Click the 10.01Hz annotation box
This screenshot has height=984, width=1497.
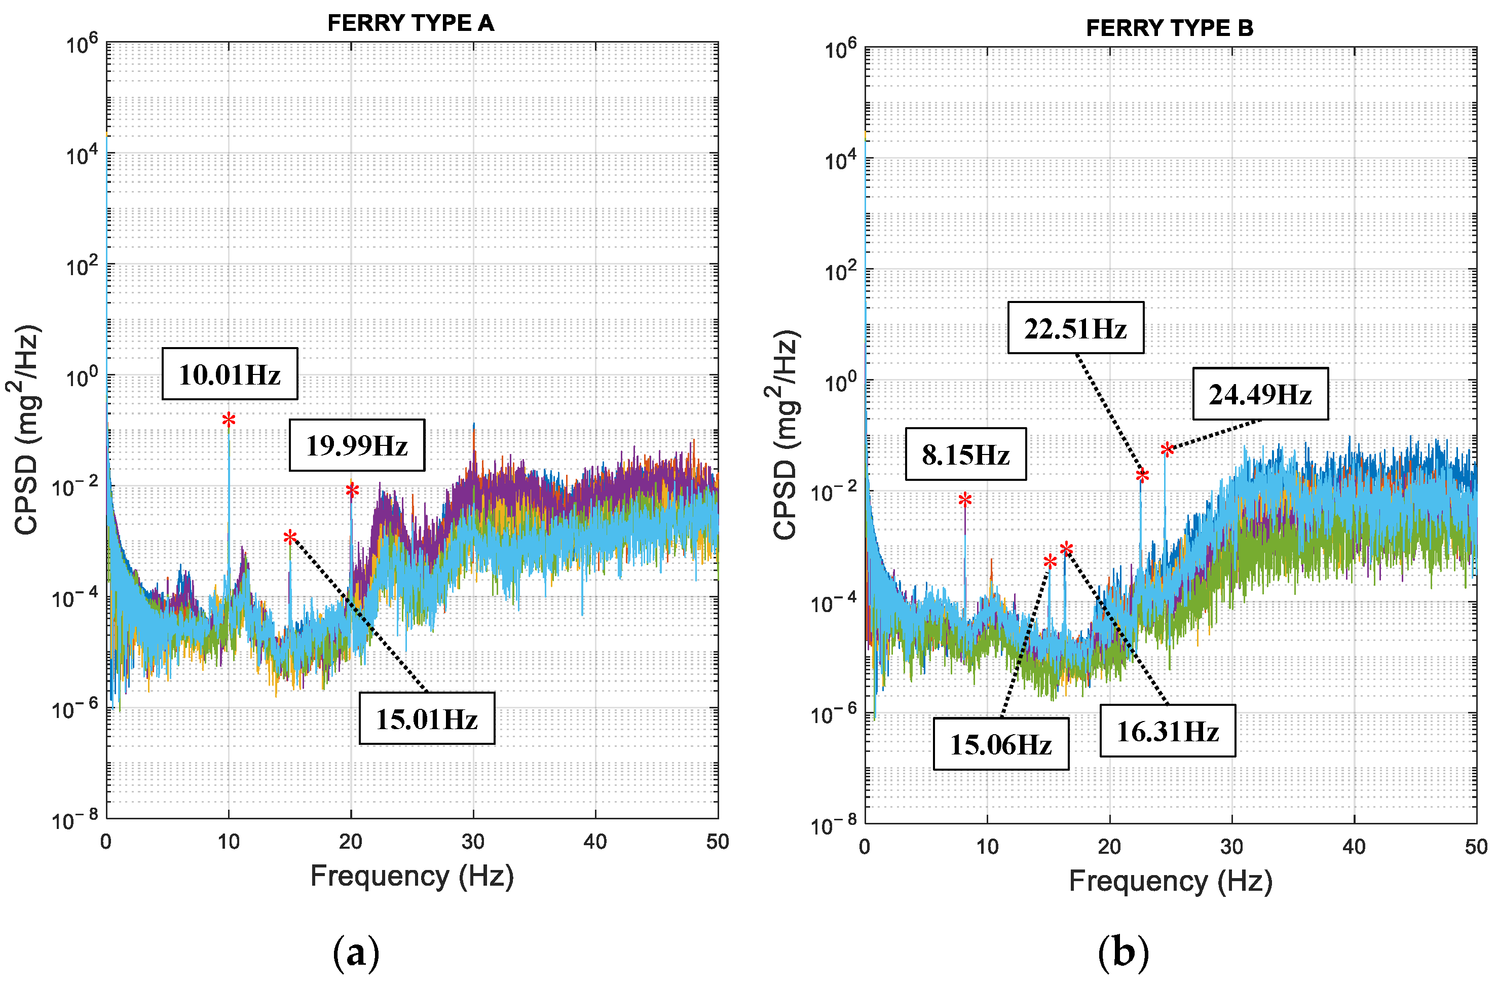(230, 374)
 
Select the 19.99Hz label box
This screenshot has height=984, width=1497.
(357, 445)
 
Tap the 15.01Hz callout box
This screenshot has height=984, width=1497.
(427, 718)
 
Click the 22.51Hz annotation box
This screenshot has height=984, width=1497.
(1075, 328)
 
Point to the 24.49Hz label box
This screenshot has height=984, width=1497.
(1260, 394)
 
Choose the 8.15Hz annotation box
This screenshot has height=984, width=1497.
(965, 454)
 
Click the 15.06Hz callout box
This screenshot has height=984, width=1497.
(1000, 744)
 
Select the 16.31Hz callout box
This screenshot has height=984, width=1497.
(1168, 731)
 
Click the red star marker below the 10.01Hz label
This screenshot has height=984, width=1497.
(229, 420)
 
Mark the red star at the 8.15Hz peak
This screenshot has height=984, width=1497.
(965, 500)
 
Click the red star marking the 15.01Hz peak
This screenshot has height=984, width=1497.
(290, 537)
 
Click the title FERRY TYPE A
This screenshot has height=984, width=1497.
(410, 23)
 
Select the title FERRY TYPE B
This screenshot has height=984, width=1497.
(1169, 28)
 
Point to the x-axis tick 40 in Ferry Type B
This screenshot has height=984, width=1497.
(1354, 847)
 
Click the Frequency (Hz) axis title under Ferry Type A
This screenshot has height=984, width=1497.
(412, 876)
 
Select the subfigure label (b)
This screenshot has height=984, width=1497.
(1123, 953)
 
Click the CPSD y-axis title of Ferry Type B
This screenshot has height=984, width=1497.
(785, 434)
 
